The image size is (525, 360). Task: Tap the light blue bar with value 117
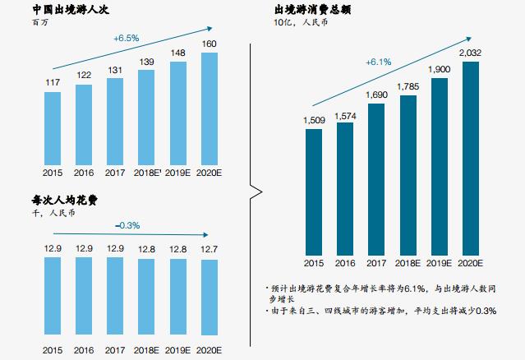[53, 127]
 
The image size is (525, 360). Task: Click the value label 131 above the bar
[114, 69]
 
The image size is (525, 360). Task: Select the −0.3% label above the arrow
[127, 225]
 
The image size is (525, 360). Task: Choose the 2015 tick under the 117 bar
[53, 173]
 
